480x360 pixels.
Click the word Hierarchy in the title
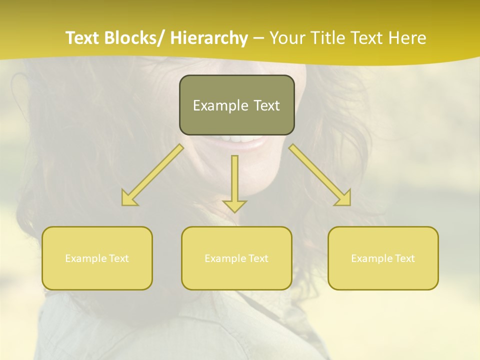209,38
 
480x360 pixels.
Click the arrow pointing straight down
234,180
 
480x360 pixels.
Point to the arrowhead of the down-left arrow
128,199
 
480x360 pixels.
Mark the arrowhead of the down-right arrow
344,199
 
